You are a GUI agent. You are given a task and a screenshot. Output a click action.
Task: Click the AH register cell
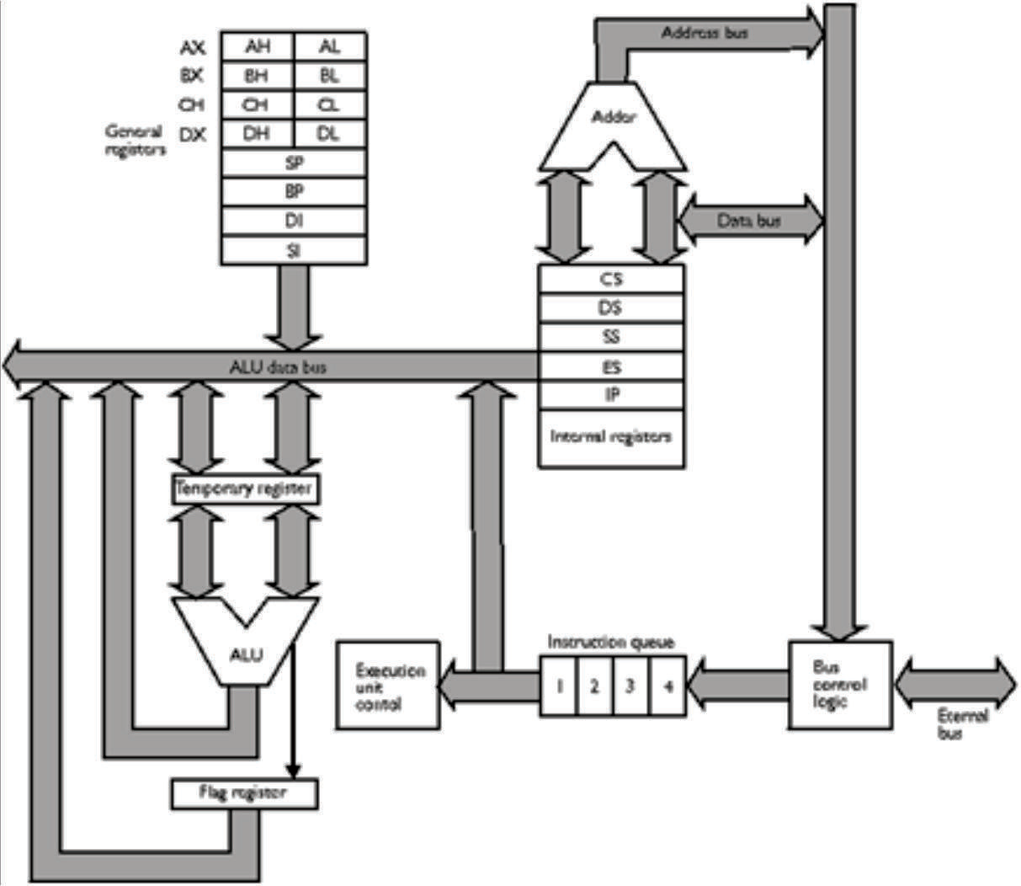tap(258, 47)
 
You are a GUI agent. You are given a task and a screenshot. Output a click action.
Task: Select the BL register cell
tap(330, 76)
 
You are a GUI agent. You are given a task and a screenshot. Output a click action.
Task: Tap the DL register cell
tap(330, 134)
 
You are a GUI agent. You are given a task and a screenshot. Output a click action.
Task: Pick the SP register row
tap(294, 163)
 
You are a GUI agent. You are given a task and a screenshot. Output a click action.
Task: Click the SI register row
tap(294, 250)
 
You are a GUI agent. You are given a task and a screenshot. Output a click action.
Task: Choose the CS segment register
tap(611, 280)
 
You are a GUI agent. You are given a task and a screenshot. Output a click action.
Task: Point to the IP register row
tap(611, 394)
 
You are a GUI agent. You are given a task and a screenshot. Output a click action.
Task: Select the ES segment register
tap(611, 366)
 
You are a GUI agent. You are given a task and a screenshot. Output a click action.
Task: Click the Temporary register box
tap(245, 488)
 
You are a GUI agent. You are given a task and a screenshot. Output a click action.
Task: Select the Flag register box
tap(244, 793)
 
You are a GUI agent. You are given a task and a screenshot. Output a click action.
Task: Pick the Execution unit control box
tap(387, 685)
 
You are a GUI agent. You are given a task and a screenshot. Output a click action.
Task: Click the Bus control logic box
tap(839, 684)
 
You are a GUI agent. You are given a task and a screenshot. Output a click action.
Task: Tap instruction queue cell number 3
tap(630, 685)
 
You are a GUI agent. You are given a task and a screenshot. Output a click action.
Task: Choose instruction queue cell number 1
tap(558, 685)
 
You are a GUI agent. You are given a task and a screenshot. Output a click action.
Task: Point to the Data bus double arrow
tap(749, 221)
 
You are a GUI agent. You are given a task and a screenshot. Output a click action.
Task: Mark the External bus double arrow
tap(955, 683)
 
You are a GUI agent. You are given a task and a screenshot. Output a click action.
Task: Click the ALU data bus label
tap(278, 367)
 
